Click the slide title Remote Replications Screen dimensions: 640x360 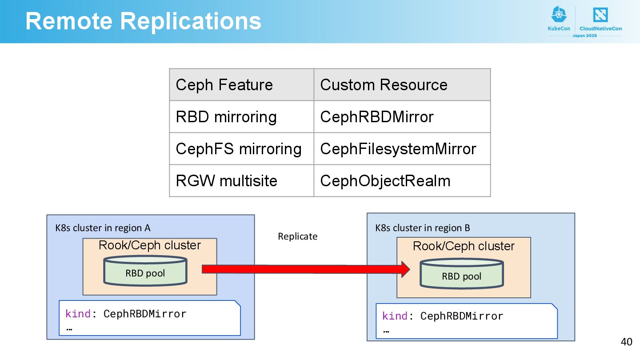144,21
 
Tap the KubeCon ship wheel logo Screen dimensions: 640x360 559,14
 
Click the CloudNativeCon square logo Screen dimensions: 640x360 600,15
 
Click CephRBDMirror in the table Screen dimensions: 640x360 377,117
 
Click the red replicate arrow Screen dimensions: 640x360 306,269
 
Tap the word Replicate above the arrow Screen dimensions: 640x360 298,236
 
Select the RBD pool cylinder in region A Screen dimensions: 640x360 145,271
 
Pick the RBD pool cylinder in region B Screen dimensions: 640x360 462,274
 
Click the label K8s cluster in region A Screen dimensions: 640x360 103,228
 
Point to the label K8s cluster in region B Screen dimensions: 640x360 423,228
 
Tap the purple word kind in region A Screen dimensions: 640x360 78,314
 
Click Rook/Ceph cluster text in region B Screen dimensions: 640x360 464,246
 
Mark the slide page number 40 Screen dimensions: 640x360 626,342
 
